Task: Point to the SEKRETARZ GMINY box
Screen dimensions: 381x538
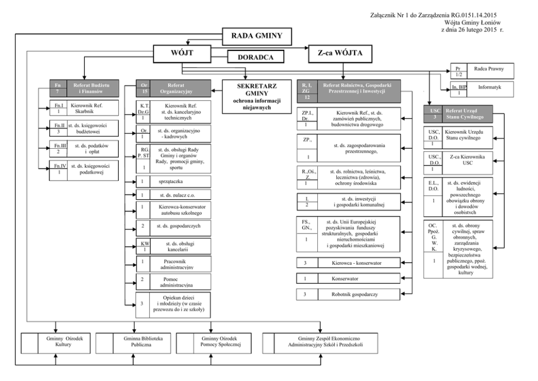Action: pos(249,97)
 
